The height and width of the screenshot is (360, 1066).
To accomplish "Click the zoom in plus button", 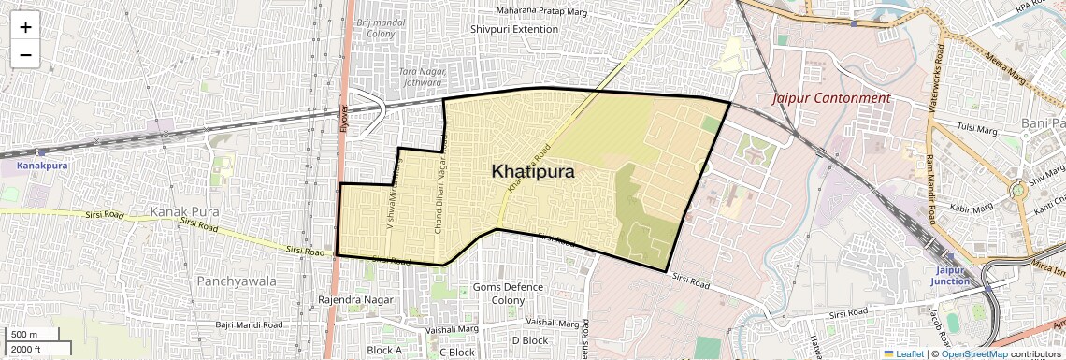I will [25, 27].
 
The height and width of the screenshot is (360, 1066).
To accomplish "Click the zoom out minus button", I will [25, 54].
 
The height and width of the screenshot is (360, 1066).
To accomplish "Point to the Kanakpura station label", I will [43, 166].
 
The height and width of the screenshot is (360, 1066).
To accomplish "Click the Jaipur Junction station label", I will [950, 275].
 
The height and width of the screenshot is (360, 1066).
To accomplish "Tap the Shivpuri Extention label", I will [514, 29].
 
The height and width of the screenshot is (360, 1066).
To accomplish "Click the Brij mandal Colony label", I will [382, 26].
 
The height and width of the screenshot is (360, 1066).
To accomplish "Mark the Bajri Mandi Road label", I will [251, 324].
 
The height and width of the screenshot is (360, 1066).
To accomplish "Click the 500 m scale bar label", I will [25, 334].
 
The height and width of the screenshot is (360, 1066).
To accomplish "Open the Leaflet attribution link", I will [903, 353].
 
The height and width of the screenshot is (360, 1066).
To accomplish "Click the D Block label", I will [529, 340].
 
